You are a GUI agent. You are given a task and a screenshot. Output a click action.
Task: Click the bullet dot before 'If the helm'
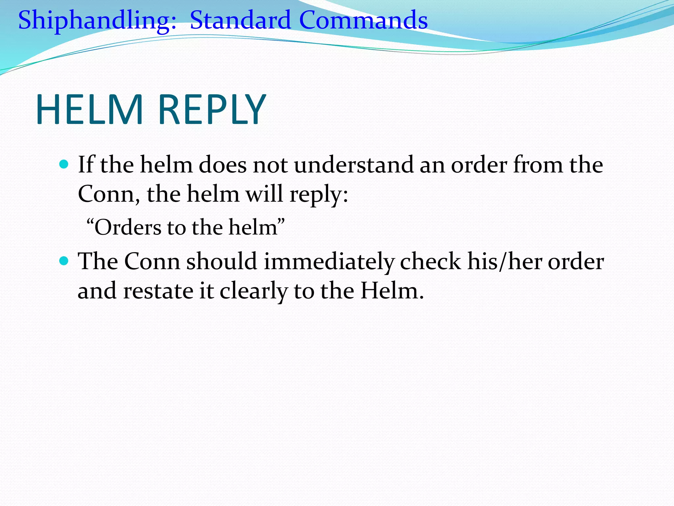coord(64,164)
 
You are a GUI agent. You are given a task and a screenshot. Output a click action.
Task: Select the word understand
coord(353,165)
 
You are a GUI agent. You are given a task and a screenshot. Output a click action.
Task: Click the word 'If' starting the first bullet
coord(86,165)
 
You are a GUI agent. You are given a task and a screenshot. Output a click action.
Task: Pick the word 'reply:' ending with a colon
coord(319,194)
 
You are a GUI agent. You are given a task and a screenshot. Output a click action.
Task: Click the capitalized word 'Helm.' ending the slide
coord(392,291)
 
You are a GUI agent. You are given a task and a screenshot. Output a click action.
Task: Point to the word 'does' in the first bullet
coord(222,165)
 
